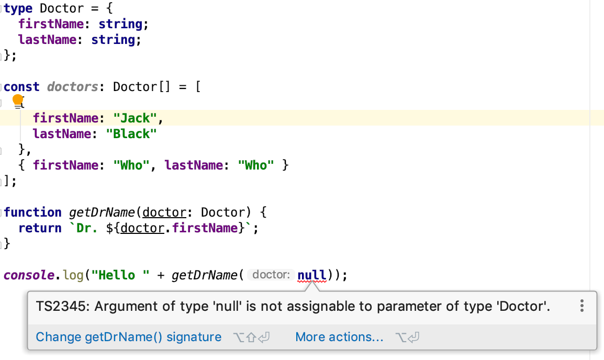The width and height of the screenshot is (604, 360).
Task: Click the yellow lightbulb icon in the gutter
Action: pyautogui.click(x=18, y=99)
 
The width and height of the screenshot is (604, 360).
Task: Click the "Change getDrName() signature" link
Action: pyautogui.click(x=128, y=337)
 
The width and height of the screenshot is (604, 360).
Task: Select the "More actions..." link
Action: pyautogui.click(x=339, y=337)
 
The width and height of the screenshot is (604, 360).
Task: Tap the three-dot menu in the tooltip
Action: pyautogui.click(x=581, y=306)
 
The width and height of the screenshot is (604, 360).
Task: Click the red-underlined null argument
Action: pyautogui.click(x=312, y=275)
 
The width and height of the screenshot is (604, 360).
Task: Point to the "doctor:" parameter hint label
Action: pyautogui.click(x=271, y=275)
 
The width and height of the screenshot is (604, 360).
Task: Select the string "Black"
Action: pyautogui.click(x=131, y=134)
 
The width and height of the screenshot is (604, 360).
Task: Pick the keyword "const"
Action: pyautogui.click(x=21, y=87)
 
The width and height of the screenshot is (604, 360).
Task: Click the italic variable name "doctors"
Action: pyautogui.click(x=72, y=87)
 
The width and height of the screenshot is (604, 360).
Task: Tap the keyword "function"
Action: pyautogui.click(x=32, y=212)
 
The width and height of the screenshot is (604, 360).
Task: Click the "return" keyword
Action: pyautogui.click(x=40, y=228)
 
